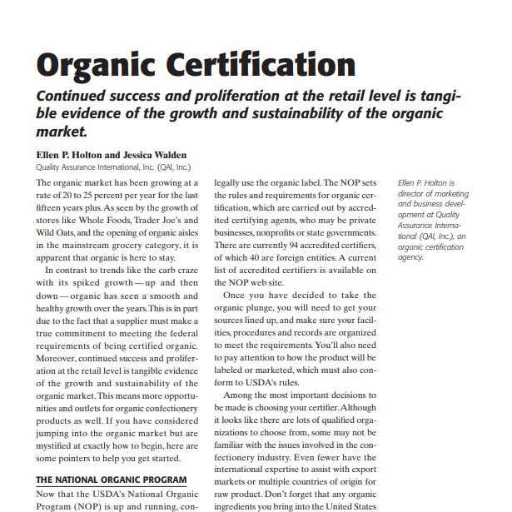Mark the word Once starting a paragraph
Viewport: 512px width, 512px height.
point(238,295)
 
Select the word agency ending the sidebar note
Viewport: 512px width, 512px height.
point(410,258)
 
